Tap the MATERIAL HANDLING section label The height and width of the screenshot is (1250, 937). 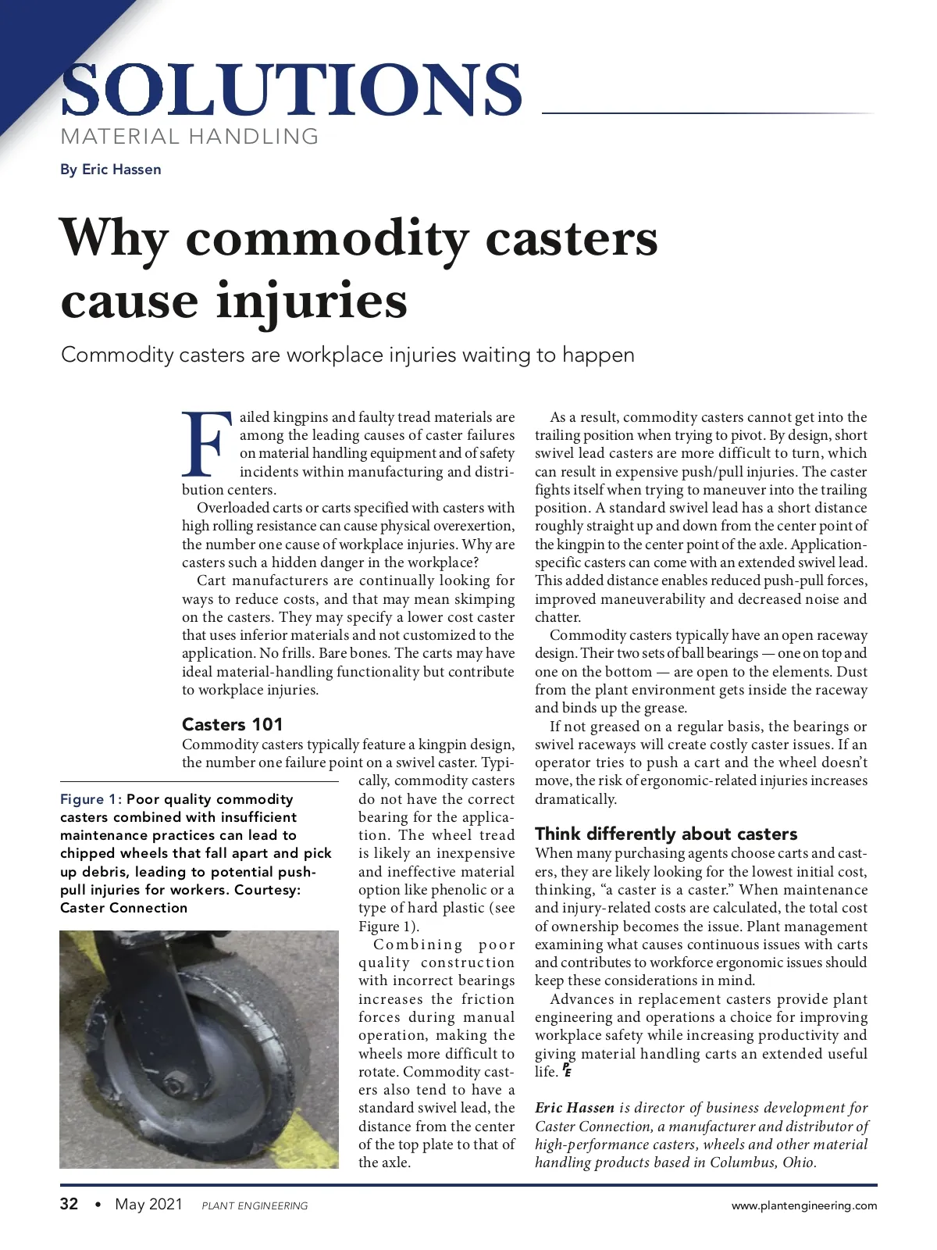click(190, 137)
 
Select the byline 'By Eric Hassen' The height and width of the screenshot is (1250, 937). click(111, 170)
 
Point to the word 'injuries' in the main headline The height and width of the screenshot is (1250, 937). click(312, 302)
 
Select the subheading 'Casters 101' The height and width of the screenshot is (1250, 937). click(232, 724)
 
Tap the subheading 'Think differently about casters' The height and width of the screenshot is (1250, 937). click(666, 834)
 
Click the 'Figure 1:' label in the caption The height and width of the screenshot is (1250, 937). click(91, 799)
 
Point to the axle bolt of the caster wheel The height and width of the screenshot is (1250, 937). click(173, 1086)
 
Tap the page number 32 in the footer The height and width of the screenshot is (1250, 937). click(69, 1204)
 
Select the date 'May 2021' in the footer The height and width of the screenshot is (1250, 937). click(148, 1204)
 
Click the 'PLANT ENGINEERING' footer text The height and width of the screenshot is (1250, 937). click(255, 1205)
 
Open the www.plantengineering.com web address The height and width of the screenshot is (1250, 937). click(803, 1205)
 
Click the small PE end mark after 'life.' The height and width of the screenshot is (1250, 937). click(566, 1071)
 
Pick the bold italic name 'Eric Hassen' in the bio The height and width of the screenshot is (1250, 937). click(575, 1108)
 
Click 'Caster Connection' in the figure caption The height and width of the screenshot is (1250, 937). click(124, 908)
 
